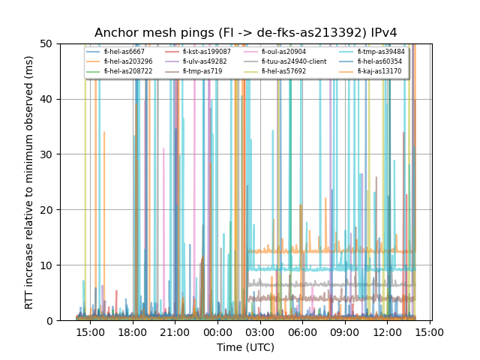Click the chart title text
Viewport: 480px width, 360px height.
(245, 33)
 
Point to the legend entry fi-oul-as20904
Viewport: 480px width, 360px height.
(283, 52)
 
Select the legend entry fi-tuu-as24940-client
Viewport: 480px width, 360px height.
(293, 61)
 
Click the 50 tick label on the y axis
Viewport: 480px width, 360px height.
(66, 43)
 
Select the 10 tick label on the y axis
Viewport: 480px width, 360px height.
(66, 265)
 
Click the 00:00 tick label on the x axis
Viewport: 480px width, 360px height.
(217, 331)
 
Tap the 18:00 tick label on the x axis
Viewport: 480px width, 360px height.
(133, 331)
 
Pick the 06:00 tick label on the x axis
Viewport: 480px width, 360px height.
(302, 331)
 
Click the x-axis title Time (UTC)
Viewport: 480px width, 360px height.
(245, 347)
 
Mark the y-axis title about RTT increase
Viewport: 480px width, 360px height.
(28, 182)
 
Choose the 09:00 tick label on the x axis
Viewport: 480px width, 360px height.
(344, 331)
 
